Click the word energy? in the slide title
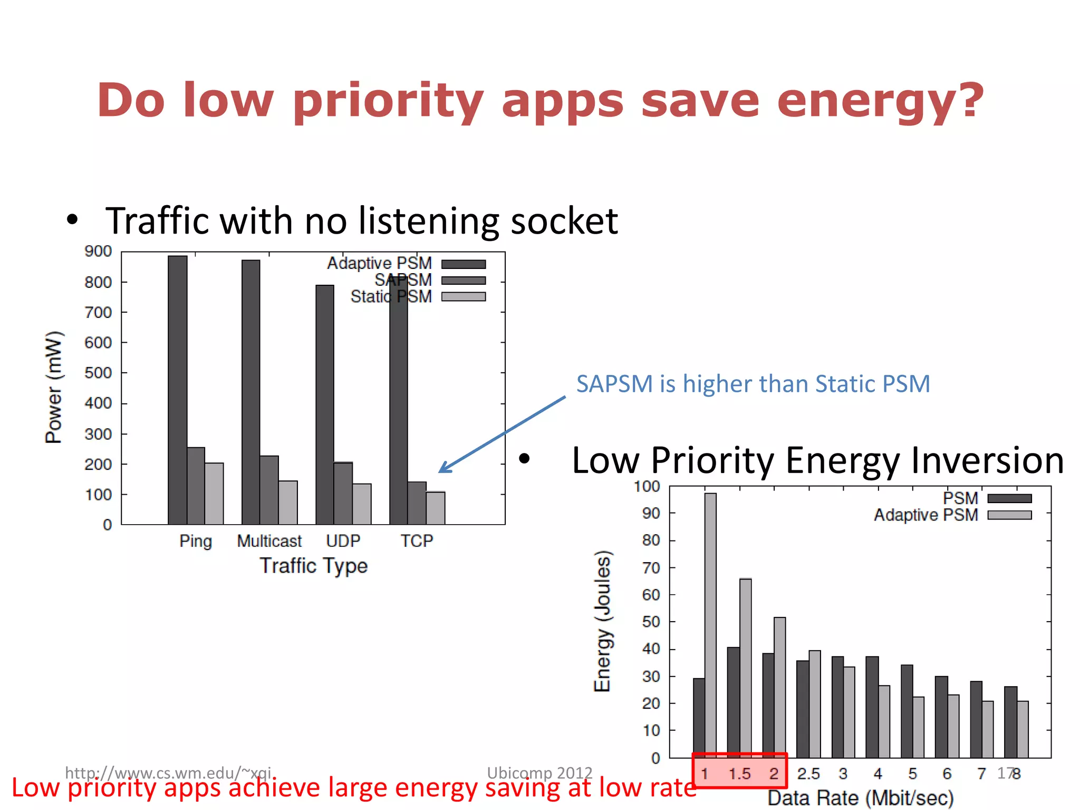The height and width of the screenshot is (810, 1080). click(880, 102)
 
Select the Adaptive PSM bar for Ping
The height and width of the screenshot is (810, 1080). click(177, 390)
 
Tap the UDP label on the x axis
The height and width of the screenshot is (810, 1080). click(343, 541)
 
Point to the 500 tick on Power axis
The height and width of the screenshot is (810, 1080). click(98, 373)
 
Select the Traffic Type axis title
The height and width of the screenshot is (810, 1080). click(313, 566)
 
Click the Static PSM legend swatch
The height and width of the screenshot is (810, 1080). click(463, 297)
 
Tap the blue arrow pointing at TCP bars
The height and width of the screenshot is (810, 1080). click(501, 435)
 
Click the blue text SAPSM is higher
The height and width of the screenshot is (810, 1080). click(753, 384)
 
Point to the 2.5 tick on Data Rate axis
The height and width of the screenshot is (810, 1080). click(808, 774)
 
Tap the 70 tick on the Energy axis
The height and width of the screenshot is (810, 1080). click(651, 568)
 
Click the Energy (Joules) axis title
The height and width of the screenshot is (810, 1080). click(602, 621)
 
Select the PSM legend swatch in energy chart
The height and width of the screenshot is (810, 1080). click(1009, 498)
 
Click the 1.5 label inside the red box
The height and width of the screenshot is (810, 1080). click(739, 774)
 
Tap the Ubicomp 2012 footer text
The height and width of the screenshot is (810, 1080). click(539, 773)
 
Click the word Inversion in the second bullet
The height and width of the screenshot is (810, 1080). click(987, 460)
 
